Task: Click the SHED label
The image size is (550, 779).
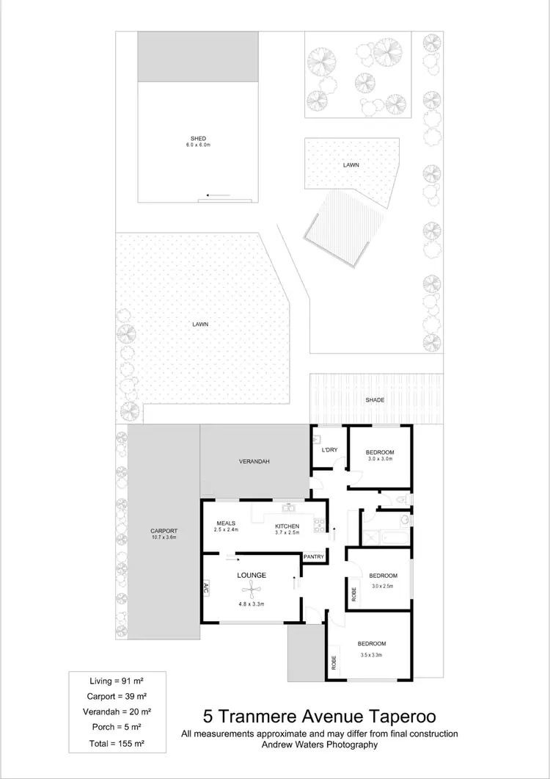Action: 198,138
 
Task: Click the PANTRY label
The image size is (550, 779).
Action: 314,557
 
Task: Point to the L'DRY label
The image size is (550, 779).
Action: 329,450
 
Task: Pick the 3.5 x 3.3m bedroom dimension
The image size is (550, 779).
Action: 372,654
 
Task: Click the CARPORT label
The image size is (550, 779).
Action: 164,531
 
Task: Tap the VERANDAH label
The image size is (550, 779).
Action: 255,461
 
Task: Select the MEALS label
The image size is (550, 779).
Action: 225,523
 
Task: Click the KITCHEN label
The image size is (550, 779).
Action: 287,526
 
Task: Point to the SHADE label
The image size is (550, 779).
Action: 375,399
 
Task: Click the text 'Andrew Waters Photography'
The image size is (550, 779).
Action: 320,744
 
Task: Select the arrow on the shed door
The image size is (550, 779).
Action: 218,195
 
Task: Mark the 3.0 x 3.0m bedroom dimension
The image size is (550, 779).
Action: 381,459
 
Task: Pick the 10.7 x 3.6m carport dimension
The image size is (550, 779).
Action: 164,537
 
